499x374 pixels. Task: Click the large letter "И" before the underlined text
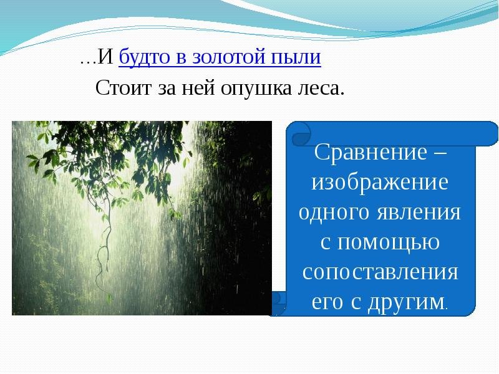click(105, 56)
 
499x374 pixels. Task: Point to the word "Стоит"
click(123, 87)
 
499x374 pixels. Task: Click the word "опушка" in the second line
click(256, 88)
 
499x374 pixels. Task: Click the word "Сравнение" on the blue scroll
click(371, 152)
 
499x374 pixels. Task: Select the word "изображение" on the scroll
click(380, 182)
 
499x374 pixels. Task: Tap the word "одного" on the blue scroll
click(334, 212)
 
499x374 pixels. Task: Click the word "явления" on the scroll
click(419, 213)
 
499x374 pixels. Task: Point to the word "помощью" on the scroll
click(389, 242)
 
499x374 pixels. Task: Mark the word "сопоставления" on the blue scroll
click(380, 272)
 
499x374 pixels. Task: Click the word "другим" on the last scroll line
click(406, 302)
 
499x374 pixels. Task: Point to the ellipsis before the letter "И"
click(88, 62)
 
